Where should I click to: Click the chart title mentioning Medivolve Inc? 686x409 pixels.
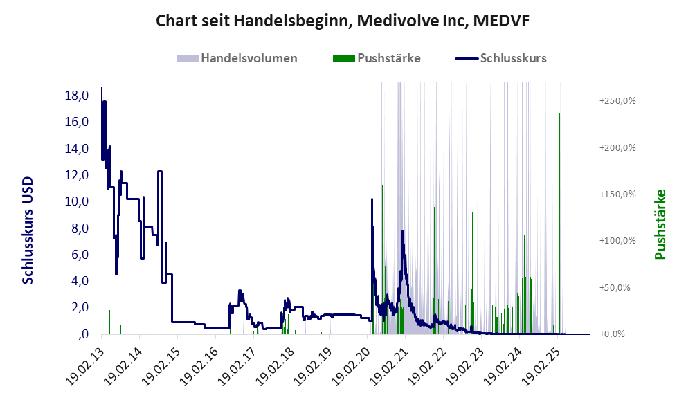tap(343, 21)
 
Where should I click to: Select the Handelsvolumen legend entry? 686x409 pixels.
tap(248, 58)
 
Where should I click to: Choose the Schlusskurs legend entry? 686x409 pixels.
tap(512, 58)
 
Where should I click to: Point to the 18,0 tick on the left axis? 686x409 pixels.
tap(75, 96)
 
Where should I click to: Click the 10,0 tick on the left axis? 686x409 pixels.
tap(75, 201)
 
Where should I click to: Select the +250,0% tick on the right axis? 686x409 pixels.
tap(617, 101)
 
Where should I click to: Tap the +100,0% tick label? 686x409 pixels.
tap(617, 241)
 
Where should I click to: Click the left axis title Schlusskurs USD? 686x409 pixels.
tap(28, 230)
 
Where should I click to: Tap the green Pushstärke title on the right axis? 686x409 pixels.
tap(660, 225)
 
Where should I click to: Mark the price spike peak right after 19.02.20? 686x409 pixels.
tap(372, 200)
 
